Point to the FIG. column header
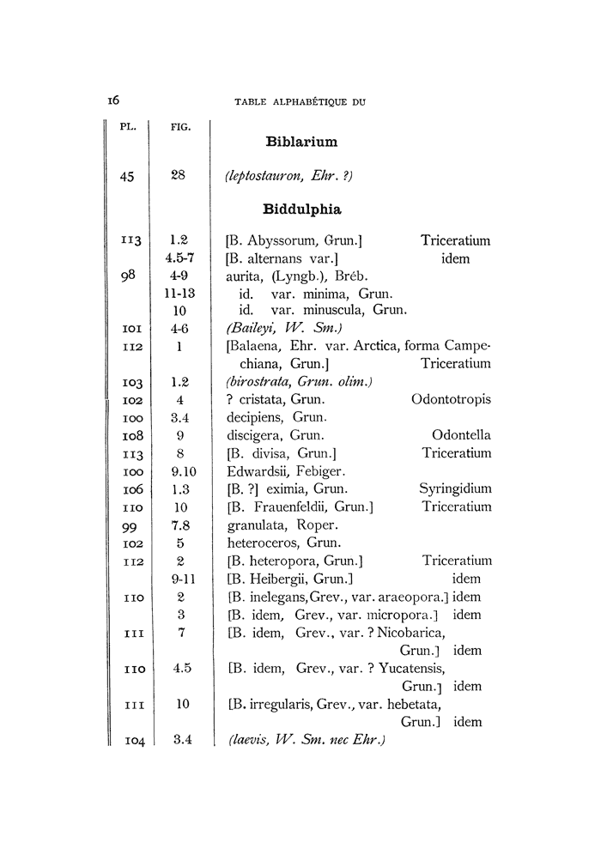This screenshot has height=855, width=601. [x=179, y=127]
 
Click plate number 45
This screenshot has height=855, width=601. [x=129, y=176]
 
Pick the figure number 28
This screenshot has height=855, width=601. [x=179, y=175]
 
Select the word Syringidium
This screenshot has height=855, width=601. [x=455, y=488]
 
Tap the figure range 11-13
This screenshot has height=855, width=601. [x=179, y=292]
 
